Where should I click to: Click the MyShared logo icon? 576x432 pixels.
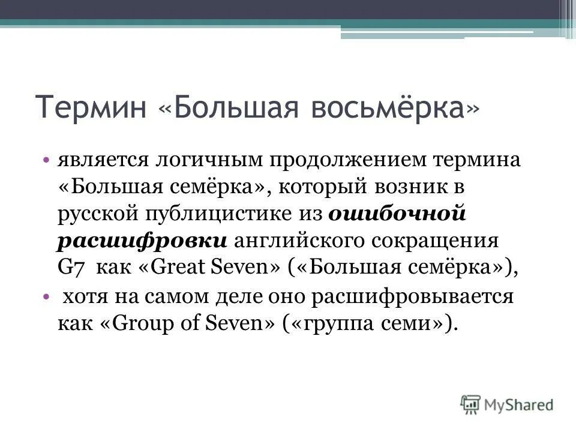470,404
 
